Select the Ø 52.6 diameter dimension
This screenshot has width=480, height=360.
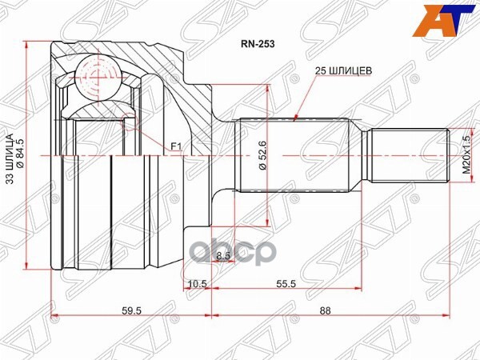262,157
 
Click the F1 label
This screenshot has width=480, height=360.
176,146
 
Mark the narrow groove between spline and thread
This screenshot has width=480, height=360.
361,156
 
